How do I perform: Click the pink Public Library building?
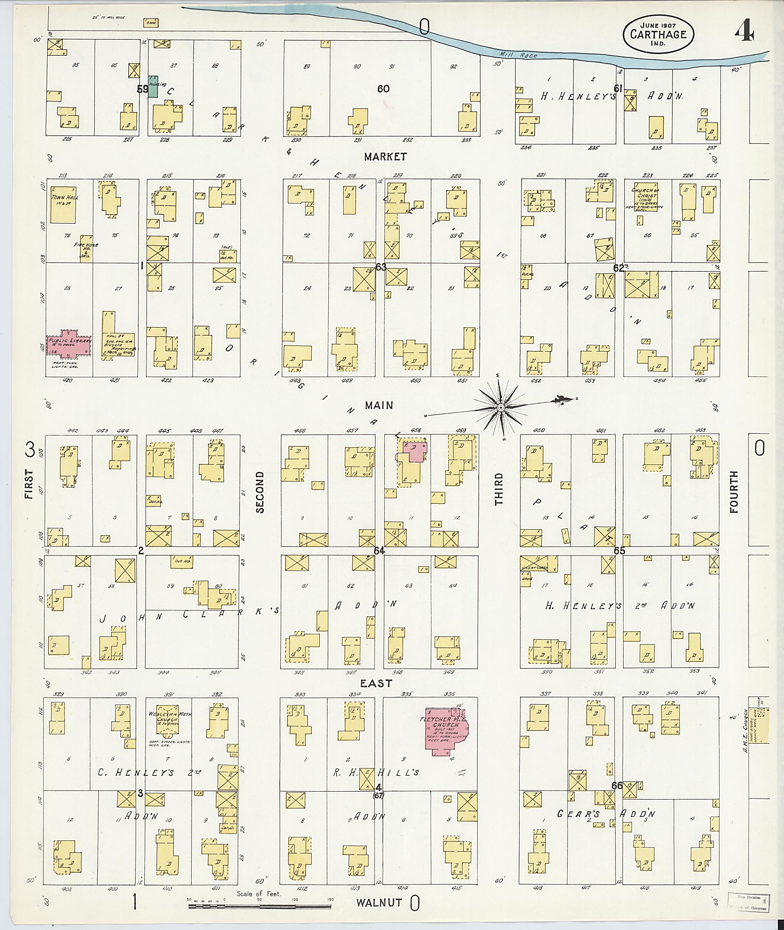[x=69, y=345]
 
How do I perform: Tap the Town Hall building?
[x=63, y=204]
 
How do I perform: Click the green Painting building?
[x=153, y=86]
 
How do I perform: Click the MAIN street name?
[x=379, y=405]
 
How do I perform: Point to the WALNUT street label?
[x=379, y=902]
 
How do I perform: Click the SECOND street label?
[x=260, y=492]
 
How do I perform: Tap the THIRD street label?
[x=499, y=489]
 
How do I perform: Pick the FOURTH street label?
[x=733, y=492]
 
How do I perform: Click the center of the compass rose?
[x=501, y=407]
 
